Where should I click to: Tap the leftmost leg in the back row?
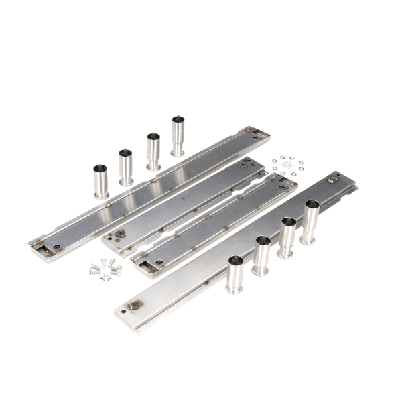100,181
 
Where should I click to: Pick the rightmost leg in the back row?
178,136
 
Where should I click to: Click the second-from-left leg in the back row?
126,167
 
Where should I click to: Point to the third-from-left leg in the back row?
153,151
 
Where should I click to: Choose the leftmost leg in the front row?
234,274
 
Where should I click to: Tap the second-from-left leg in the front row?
261,255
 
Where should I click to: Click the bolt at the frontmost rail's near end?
135,306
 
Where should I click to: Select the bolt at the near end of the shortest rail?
121,234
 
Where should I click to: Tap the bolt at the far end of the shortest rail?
242,165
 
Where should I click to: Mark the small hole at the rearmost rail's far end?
255,137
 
